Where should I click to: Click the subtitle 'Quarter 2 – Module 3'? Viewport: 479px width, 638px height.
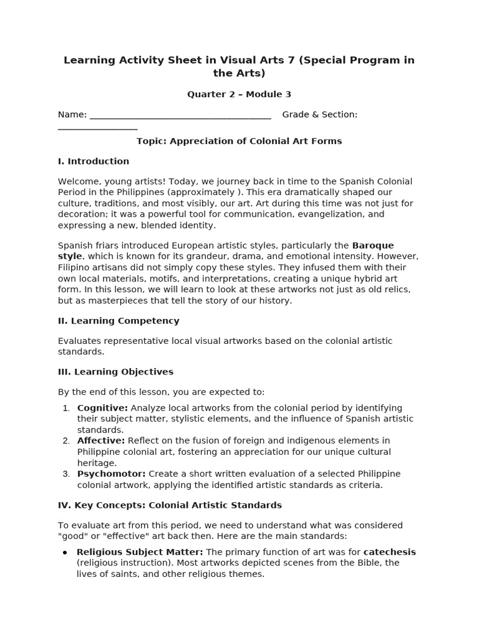coord(239,95)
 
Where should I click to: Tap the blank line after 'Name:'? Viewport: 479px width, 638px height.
coord(180,117)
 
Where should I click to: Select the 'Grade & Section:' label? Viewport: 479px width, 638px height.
coord(319,115)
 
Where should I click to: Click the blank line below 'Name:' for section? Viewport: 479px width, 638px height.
coord(97,128)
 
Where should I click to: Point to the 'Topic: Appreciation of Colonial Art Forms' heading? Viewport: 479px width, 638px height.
coord(239,141)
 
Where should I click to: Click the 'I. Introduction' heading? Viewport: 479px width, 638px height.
coord(94,161)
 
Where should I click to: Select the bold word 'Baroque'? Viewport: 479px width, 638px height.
coord(372,245)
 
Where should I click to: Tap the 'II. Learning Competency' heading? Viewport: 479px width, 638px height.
coord(119,321)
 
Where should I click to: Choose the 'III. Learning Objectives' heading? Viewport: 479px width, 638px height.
coord(115,372)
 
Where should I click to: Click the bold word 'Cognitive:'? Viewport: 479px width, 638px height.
coord(102,408)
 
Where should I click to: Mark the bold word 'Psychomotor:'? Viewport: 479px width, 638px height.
coord(111,474)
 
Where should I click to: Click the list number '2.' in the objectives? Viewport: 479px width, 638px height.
coord(66,441)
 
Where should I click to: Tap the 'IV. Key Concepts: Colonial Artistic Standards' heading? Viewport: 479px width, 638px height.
coord(170,505)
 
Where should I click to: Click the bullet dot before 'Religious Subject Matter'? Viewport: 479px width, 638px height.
coord(65,553)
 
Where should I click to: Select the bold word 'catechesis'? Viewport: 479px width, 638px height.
coord(389,552)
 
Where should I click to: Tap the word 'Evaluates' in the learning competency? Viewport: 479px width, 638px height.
coord(80,341)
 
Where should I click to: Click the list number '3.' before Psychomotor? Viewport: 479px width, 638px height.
coord(66,474)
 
